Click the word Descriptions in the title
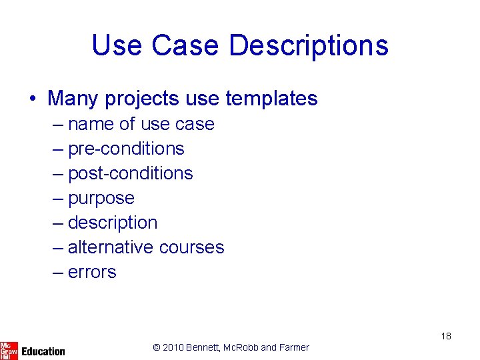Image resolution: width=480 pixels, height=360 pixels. [x=308, y=45]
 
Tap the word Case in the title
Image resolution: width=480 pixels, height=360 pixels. [x=185, y=45]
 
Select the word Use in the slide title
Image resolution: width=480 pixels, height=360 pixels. [x=117, y=45]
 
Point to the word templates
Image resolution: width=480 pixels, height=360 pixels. [x=271, y=99]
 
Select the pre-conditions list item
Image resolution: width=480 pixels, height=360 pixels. [x=126, y=149]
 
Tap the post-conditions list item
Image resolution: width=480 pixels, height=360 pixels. [x=130, y=173]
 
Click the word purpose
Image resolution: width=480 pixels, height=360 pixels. [x=101, y=199]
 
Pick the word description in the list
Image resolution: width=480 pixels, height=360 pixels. [x=113, y=223]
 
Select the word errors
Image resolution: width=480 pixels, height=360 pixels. [x=92, y=272]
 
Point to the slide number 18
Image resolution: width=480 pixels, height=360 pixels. [x=446, y=336]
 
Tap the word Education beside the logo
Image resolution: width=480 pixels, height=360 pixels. [x=43, y=351]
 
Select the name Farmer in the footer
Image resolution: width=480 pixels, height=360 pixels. [x=294, y=347]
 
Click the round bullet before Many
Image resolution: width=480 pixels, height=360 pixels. [x=33, y=99]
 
